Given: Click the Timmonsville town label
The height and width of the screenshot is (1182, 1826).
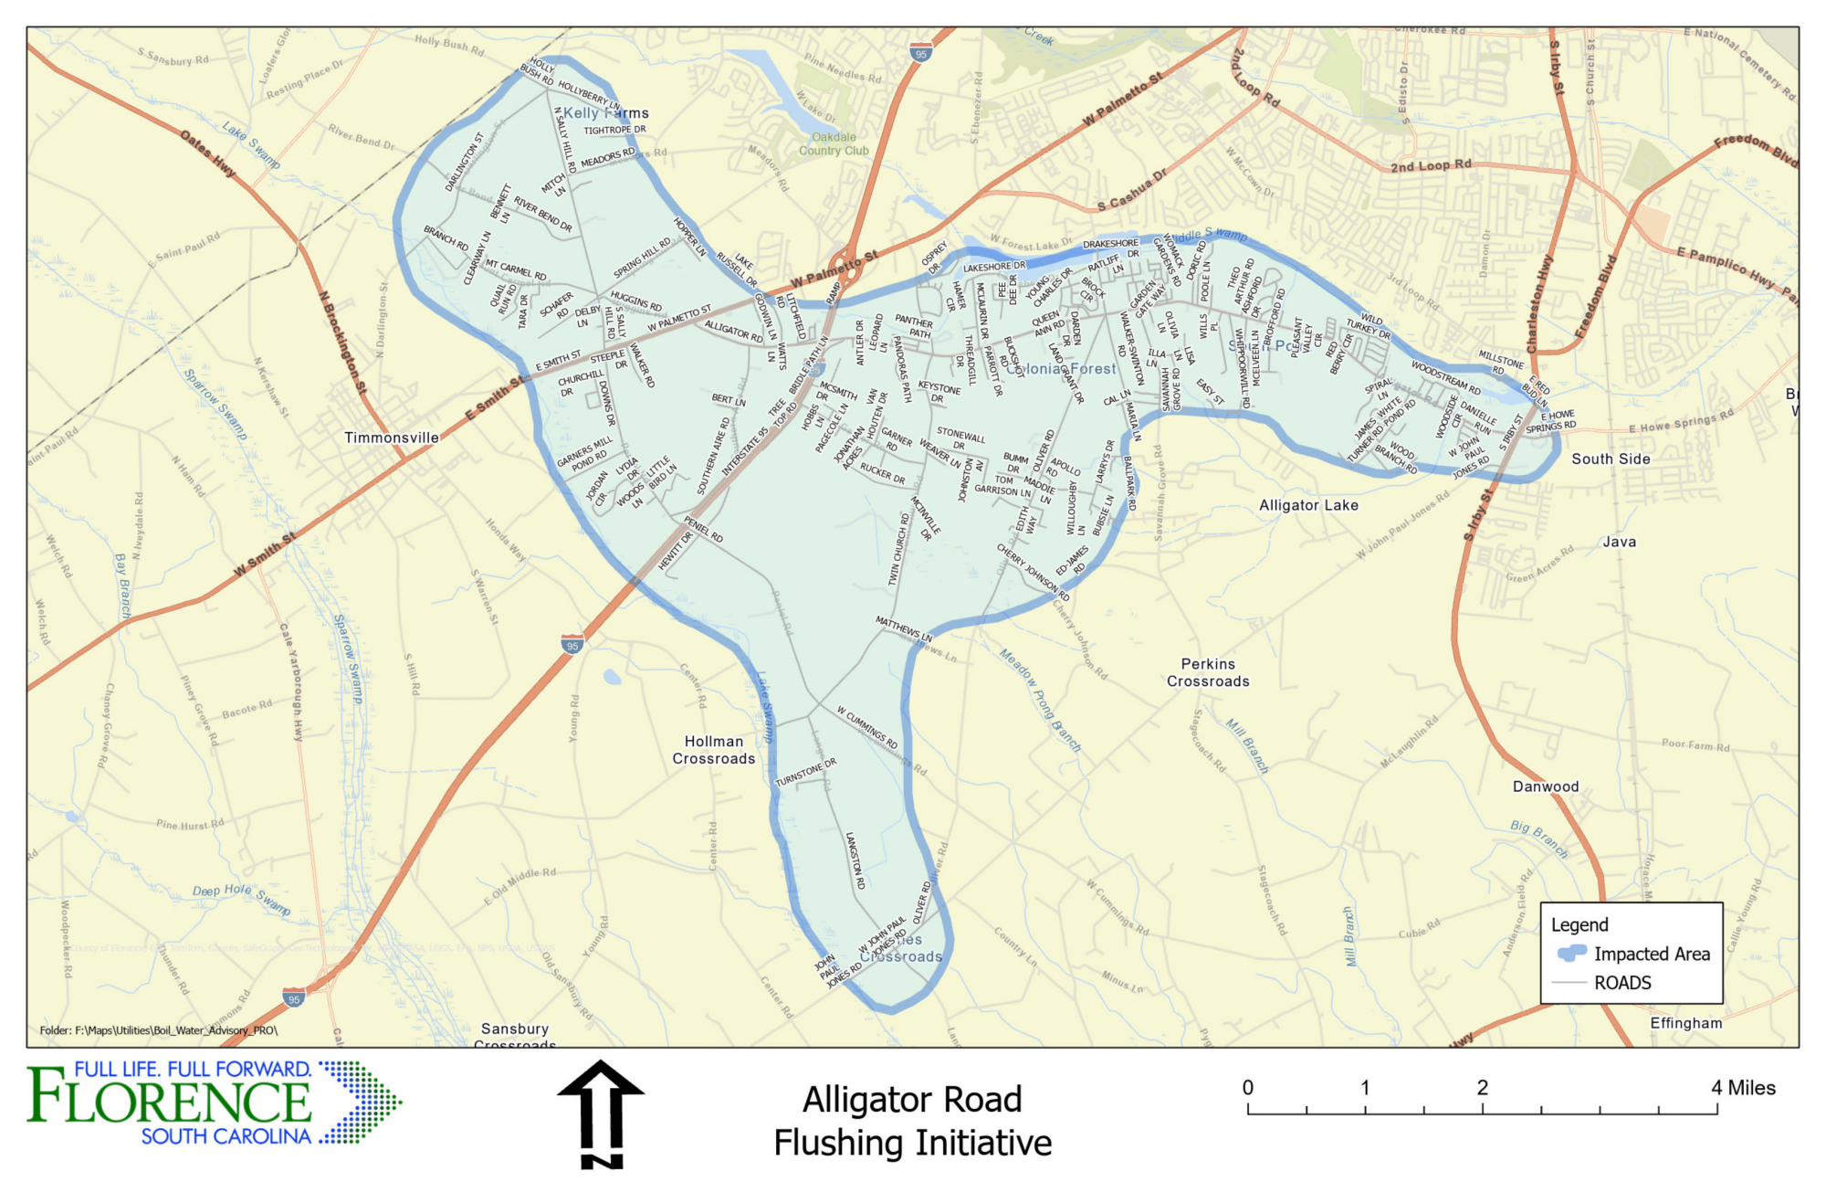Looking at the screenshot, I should coord(392,438).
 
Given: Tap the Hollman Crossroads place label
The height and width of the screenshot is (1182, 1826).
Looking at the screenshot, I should coord(714,750).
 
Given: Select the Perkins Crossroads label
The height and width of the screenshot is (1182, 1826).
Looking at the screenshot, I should coord(1208,672).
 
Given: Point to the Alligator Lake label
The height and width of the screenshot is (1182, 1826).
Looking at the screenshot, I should coord(1308,505).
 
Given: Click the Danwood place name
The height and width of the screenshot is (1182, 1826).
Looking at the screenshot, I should coord(1546,786).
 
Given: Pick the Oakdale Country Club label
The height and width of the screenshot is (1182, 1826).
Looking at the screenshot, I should coord(834,144).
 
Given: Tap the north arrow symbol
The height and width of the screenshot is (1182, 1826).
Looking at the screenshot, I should coord(601,1113).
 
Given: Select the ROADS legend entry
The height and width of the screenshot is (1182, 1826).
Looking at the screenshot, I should coord(1622,983).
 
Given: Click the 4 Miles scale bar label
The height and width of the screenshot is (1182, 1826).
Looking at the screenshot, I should coord(1743,1087).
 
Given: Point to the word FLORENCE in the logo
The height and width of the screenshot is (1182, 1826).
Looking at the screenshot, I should coord(170,1103).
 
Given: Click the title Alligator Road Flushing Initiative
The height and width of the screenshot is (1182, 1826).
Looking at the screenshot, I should coord(912,1121).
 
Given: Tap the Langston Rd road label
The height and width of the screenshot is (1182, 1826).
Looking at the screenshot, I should coord(855,860).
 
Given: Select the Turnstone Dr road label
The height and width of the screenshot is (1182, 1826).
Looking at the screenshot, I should coord(805,773).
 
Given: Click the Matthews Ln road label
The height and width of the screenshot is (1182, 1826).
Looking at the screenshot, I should coord(904,628).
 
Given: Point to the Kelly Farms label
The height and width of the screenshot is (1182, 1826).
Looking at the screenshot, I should coord(605,112).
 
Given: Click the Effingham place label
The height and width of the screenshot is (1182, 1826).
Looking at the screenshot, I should coord(1685,1023).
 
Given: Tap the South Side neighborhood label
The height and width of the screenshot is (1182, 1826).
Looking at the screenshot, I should coord(1611,459).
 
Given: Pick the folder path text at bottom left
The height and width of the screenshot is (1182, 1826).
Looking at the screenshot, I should coord(158,1030).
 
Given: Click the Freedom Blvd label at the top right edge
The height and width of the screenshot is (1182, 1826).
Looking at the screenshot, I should coord(1755,152).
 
